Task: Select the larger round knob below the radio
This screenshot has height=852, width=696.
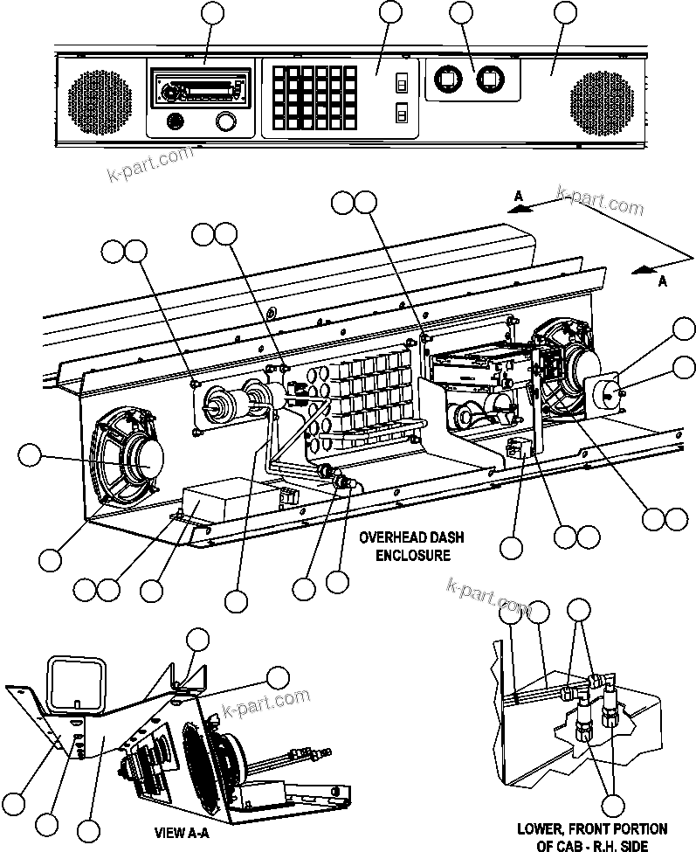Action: coord(225,121)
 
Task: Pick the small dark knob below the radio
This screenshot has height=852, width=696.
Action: coord(175,121)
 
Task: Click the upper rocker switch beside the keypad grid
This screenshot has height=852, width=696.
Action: coord(402,83)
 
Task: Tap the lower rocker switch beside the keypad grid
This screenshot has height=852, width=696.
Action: coord(402,113)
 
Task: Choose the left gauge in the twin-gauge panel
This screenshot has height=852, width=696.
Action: coord(446,80)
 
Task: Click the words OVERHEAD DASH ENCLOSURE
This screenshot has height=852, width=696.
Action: coord(404,546)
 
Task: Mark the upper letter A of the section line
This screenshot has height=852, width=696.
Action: coord(519,198)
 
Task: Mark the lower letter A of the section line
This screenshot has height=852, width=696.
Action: coord(662,281)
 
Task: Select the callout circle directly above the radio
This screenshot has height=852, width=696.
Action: coord(212,12)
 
